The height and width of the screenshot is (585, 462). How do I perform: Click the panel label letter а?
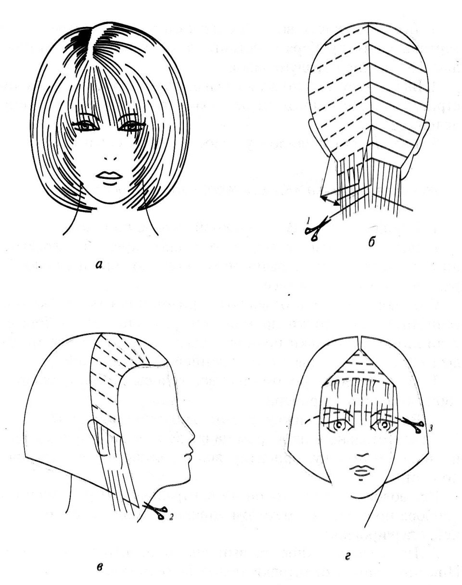point(99,264)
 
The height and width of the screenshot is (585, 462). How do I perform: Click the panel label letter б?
point(372,241)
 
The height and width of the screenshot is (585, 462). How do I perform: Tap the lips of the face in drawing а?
point(109,175)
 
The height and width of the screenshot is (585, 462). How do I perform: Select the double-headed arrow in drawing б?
point(330,200)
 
